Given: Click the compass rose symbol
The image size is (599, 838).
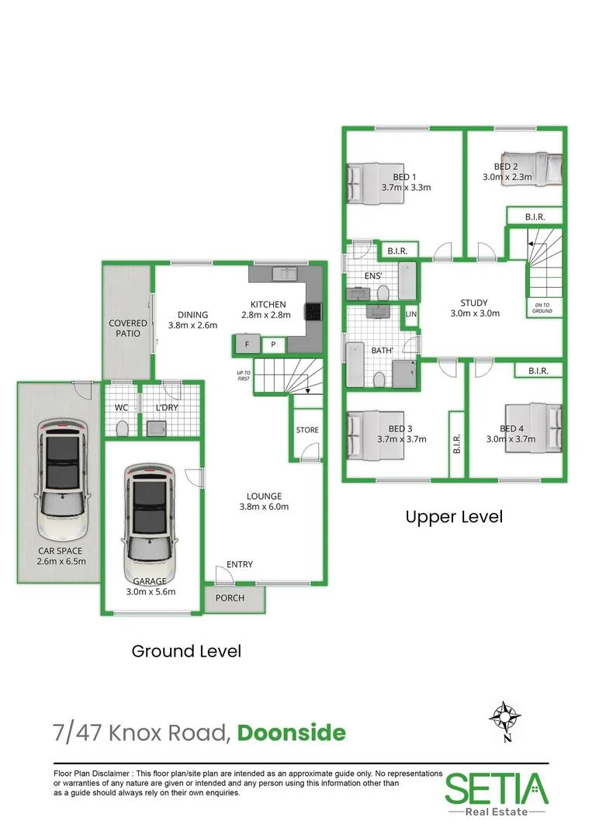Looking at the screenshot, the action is [x=504, y=718].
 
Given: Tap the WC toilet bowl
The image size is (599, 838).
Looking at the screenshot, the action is [x=122, y=428].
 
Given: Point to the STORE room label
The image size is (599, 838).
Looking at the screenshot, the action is [x=307, y=430].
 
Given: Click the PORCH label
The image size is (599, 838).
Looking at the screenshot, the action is [x=230, y=598].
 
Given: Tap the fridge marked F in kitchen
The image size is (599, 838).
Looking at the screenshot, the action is [x=247, y=345].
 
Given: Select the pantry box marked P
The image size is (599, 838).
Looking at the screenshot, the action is [x=273, y=345].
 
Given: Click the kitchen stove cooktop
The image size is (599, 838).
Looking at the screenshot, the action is [x=313, y=311].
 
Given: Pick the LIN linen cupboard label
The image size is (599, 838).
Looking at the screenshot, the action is [x=411, y=314].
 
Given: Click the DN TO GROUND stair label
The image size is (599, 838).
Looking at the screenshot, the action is [x=542, y=308].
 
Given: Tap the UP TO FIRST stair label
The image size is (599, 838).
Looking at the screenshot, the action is [x=243, y=376].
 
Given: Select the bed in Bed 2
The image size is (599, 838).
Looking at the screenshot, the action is [x=531, y=169].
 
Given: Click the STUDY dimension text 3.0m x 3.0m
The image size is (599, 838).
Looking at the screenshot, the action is [x=475, y=313].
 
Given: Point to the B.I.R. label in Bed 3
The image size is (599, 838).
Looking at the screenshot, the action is [x=456, y=444].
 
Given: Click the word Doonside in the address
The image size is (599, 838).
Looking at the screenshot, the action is [x=291, y=732].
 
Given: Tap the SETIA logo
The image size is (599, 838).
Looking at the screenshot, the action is [x=497, y=795].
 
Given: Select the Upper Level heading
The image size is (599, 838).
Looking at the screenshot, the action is [x=454, y=517].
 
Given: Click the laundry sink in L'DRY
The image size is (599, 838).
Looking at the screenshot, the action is [x=156, y=428].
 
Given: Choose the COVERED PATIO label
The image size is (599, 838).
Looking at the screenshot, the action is [x=128, y=328].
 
